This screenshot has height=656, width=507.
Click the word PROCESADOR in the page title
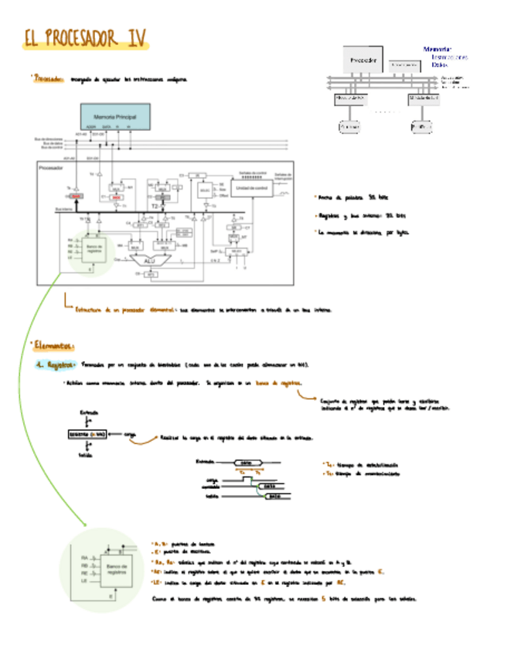pyautogui.click(x=85, y=39)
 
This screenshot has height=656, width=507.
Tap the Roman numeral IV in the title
pyautogui.click(x=138, y=39)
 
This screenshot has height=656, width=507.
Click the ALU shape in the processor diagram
pyautogui.click(x=149, y=261)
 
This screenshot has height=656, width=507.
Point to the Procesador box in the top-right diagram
pyautogui.click(x=362, y=60)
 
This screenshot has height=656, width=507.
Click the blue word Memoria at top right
pyautogui.click(x=437, y=50)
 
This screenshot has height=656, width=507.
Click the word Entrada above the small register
pyautogui.click(x=90, y=413)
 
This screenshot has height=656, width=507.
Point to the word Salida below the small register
pyautogui.click(x=86, y=456)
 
